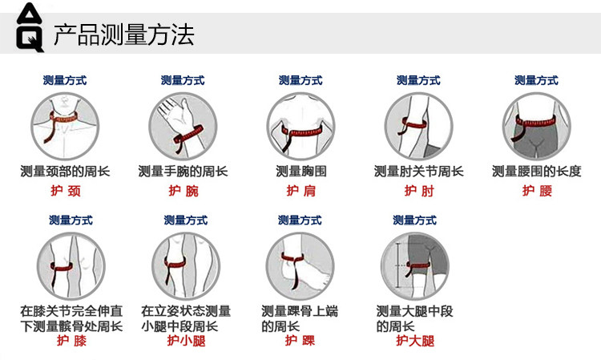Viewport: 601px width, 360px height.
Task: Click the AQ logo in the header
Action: pos(28,27)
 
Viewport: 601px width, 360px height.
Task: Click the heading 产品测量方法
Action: pos(123,35)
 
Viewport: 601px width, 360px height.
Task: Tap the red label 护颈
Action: pos(65,191)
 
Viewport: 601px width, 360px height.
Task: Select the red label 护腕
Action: pos(183,191)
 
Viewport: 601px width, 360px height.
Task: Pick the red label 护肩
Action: pos(300,191)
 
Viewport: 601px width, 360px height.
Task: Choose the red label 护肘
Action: pos(418,191)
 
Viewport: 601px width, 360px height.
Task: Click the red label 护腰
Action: pos(536,191)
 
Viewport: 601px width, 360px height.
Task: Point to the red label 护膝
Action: pos(71,341)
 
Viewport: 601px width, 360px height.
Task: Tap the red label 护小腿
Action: pos(186,341)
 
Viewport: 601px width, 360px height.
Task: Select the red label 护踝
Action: pos(300,341)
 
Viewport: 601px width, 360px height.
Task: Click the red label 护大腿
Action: pos(415,341)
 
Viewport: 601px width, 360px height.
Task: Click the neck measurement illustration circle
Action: pos(65,126)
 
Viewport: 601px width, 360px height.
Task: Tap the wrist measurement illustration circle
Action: pos(183,126)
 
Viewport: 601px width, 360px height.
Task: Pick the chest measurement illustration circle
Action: pos(300,126)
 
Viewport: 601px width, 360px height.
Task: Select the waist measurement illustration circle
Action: pos(536,126)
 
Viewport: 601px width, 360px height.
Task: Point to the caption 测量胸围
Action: pos(300,171)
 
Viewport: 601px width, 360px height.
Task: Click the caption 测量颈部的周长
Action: pos(65,171)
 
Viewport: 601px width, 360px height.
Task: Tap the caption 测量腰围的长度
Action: pos(536,171)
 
